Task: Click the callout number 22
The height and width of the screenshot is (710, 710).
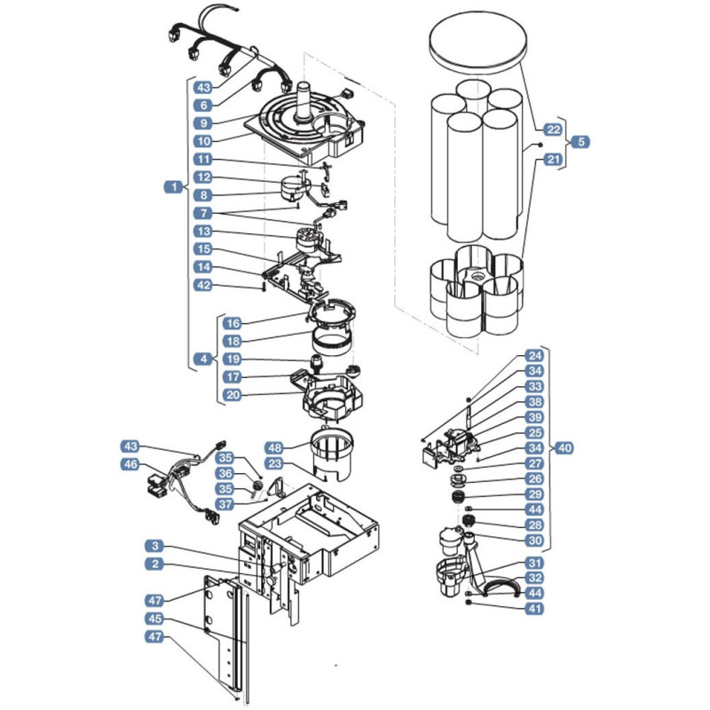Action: click(553, 130)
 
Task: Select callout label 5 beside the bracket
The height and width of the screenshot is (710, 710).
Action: click(580, 142)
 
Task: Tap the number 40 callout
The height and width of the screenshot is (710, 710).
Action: click(564, 448)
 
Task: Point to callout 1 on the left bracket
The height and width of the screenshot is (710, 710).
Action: click(173, 186)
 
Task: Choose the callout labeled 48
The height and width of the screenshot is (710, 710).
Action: click(275, 448)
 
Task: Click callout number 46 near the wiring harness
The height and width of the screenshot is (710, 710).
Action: click(130, 464)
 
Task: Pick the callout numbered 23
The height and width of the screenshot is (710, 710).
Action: click(275, 463)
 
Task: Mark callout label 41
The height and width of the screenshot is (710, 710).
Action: click(535, 609)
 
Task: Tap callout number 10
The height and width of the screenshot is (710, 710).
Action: click(203, 141)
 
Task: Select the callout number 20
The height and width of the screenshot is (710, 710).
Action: click(233, 395)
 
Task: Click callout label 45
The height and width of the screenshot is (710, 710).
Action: click(154, 619)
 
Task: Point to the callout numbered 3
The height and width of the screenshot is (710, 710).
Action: click(154, 546)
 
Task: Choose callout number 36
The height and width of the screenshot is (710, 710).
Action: click(225, 474)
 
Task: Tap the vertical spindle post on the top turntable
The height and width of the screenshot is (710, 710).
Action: click(304, 101)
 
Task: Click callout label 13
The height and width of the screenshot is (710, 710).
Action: click(203, 232)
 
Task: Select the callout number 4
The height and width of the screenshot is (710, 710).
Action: click(203, 359)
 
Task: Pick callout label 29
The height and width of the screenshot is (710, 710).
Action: click(535, 494)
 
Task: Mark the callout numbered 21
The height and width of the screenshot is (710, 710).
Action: click(553, 160)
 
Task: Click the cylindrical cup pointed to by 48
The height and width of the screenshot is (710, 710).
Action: click(332, 454)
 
